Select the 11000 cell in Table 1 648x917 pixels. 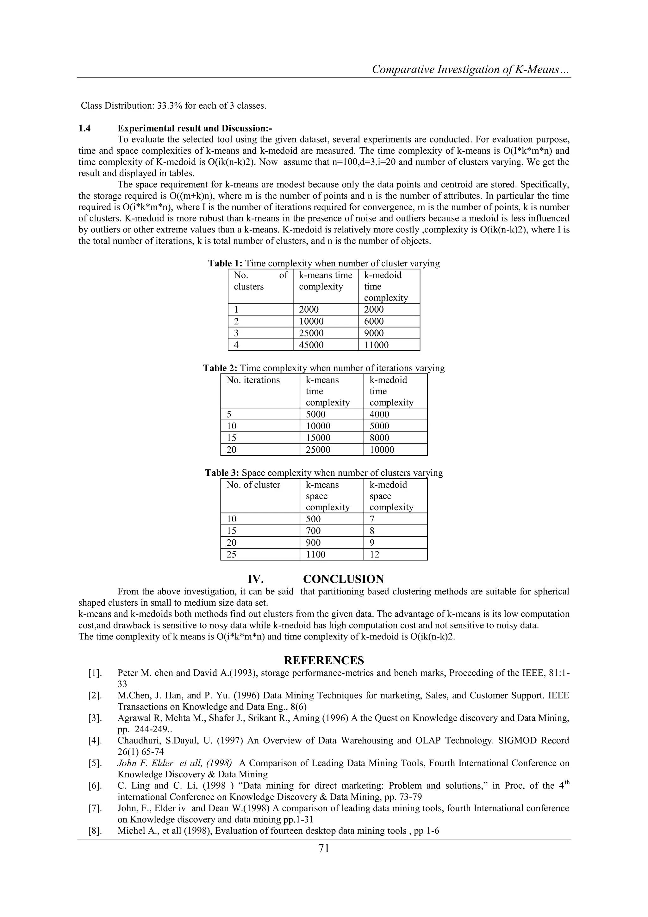coord(376,345)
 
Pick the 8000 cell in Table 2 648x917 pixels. coord(379,438)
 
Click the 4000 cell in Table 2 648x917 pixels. coord(379,414)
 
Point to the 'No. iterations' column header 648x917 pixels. coord(253,380)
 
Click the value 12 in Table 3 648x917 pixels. coord(374,554)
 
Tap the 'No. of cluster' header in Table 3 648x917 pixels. coord(253,485)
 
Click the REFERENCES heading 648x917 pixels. coord(324,660)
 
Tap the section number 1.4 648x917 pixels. coord(84,128)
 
